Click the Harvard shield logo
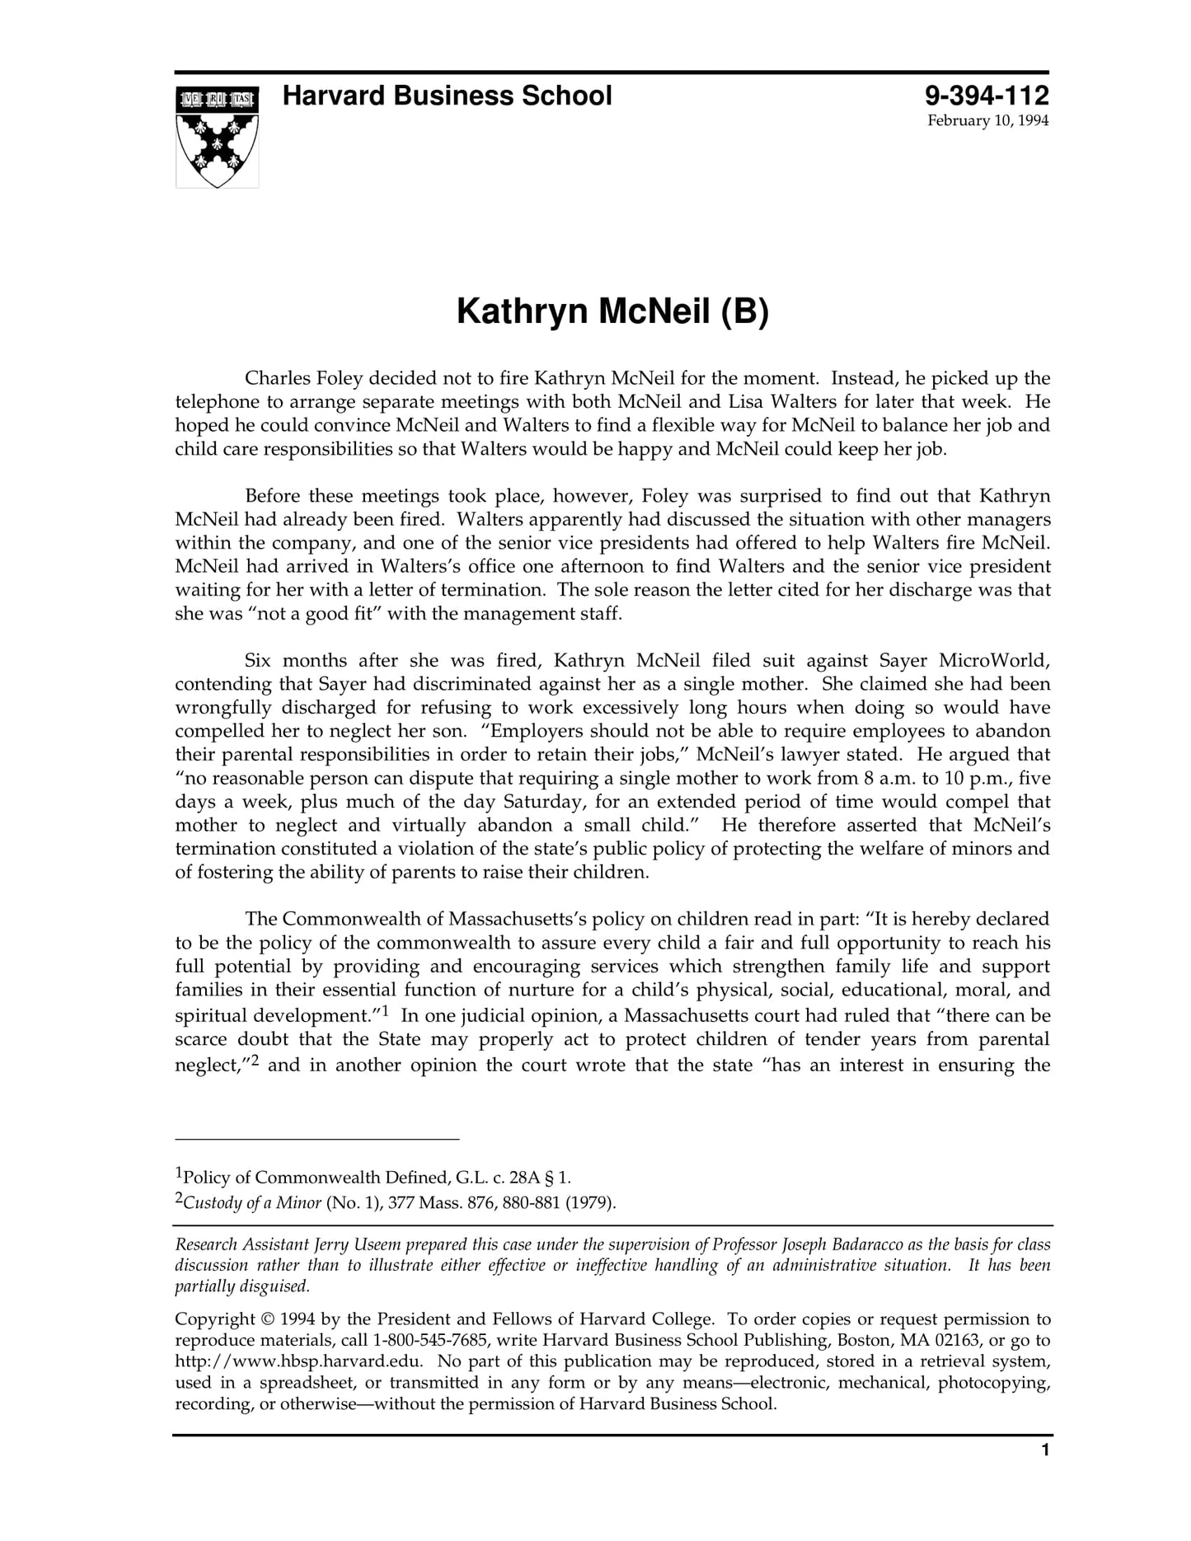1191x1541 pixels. (217, 137)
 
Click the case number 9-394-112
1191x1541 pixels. (987, 96)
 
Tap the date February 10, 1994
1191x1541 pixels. (987, 121)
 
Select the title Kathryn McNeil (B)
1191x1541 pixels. (612, 312)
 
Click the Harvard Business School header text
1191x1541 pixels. (447, 96)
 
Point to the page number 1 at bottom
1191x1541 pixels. (1045, 1473)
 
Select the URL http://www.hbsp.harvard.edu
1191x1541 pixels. (299, 1361)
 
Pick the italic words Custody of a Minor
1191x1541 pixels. (252, 1202)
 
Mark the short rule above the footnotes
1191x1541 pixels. (317, 1140)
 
